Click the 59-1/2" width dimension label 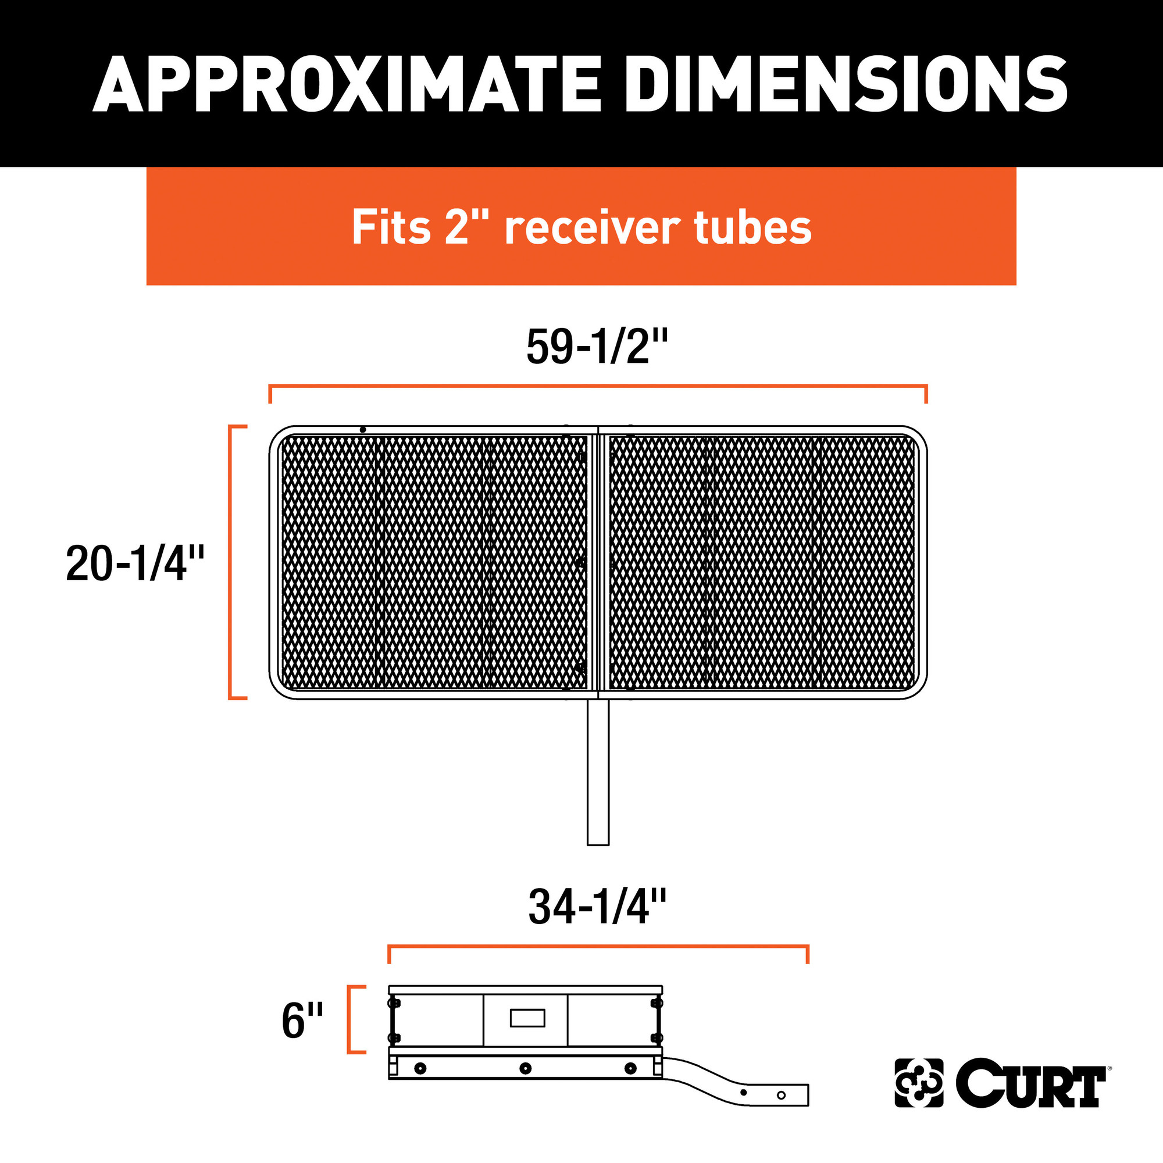click(597, 347)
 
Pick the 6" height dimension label click(302, 1021)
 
